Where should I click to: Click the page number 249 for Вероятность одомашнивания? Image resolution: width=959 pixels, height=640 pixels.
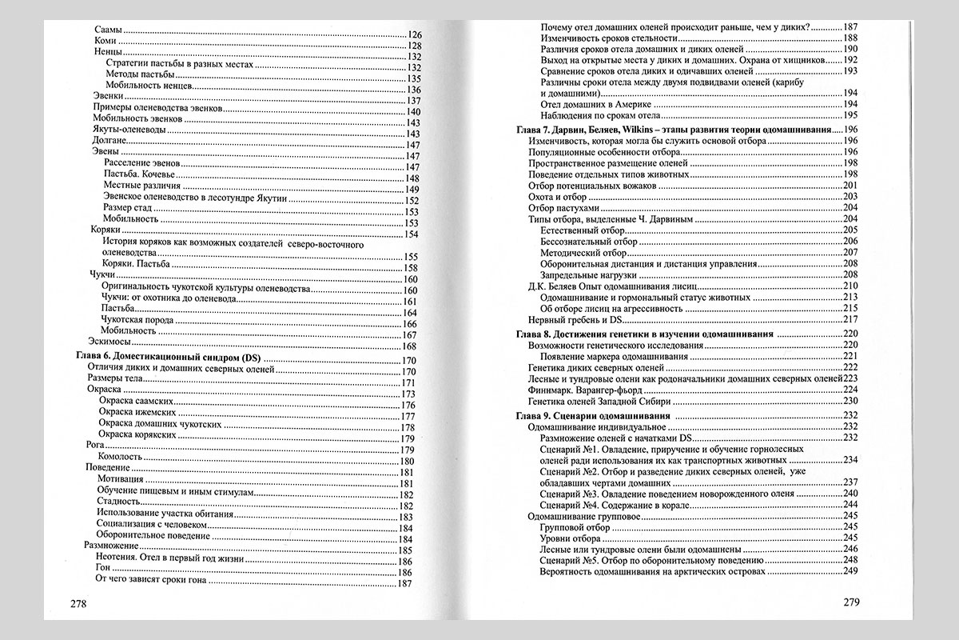point(850,572)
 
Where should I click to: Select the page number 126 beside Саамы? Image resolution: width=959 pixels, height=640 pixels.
point(413,34)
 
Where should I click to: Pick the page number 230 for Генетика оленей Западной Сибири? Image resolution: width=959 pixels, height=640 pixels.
point(850,401)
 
